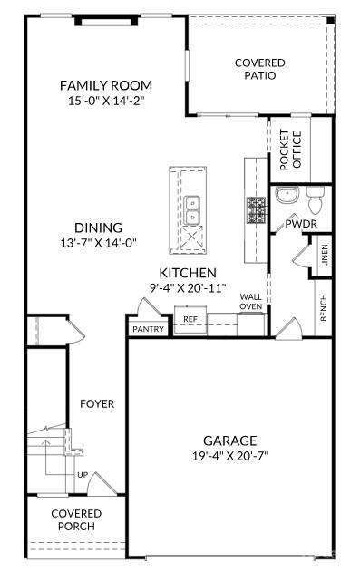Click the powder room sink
tap(286, 196)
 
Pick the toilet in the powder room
tap(315, 198)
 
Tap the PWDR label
tap(301, 223)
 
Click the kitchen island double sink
tap(191, 210)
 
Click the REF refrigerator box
tap(190, 319)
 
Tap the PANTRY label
tap(148, 329)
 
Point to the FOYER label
tap(96, 403)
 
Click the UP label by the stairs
tap(82, 474)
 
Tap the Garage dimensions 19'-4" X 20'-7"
tap(229, 455)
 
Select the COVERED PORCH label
tap(76, 520)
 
